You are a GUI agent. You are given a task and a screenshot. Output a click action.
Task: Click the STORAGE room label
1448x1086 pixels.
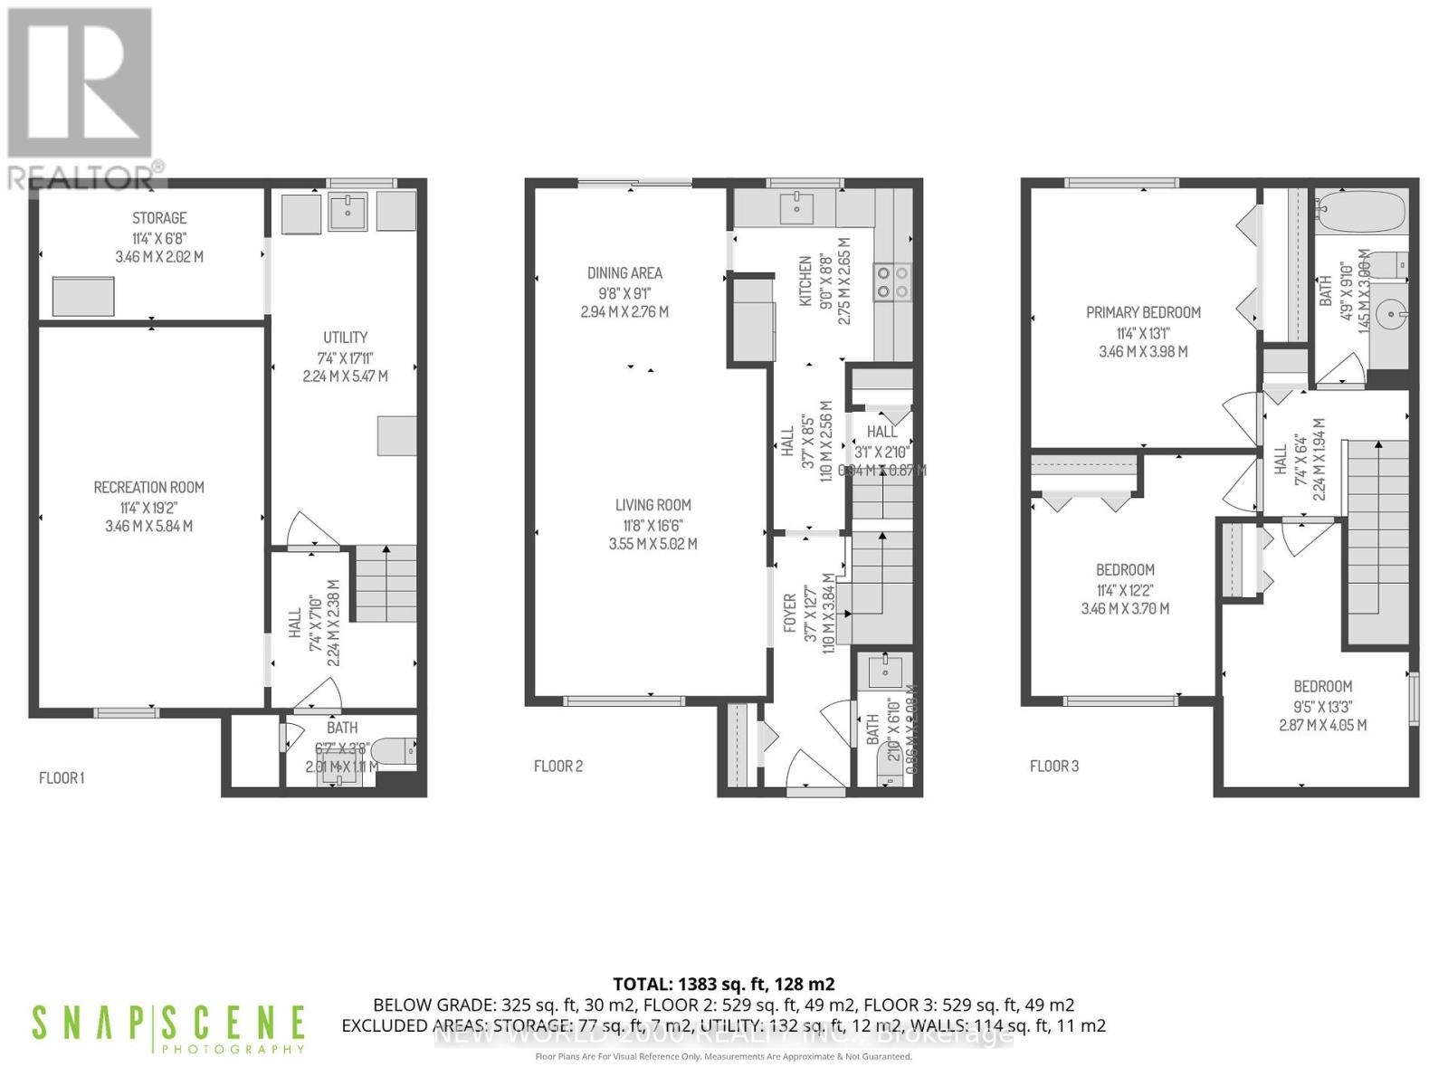pyautogui.click(x=159, y=218)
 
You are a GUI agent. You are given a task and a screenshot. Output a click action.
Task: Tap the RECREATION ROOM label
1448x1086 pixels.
pyautogui.click(x=148, y=488)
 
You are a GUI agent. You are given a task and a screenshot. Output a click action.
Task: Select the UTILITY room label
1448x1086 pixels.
pyautogui.click(x=345, y=338)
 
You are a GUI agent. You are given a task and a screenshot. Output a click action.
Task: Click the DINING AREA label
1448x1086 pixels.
pyautogui.click(x=624, y=273)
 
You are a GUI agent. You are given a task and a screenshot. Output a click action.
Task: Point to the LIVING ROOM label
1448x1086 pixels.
pyautogui.click(x=653, y=506)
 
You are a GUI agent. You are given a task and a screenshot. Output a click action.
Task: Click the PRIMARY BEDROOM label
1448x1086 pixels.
pyautogui.click(x=1143, y=313)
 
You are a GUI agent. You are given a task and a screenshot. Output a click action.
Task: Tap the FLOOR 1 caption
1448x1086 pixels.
pyautogui.click(x=62, y=777)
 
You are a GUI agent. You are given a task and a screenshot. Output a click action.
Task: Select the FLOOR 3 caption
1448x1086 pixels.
pyautogui.click(x=1053, y=767)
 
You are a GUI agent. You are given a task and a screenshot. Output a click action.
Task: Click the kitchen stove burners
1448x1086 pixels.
pyautogui.click(x=891, y=281)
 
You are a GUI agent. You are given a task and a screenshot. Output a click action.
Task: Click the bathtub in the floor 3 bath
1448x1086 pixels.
pyautogui.click(x=1359, y=214)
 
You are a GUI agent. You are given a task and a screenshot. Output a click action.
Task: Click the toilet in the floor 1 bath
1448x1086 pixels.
pyautogui.click(x=395, y=750)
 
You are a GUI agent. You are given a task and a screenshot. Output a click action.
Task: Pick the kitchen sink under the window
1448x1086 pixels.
pyautogui.click(x=796, y=209)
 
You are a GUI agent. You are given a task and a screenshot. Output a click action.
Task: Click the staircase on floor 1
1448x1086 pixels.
pyautogui.click(x=386, y=583)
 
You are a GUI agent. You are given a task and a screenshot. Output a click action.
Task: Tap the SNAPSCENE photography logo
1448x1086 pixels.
pyautogui.click(x=167, y=1028)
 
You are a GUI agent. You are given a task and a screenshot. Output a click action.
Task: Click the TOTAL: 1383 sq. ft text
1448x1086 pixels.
pyautogui.click(x=723, y=984)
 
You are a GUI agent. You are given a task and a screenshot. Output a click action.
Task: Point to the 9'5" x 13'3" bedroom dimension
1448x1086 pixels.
pyautogui.click(x=1322, y=707)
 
